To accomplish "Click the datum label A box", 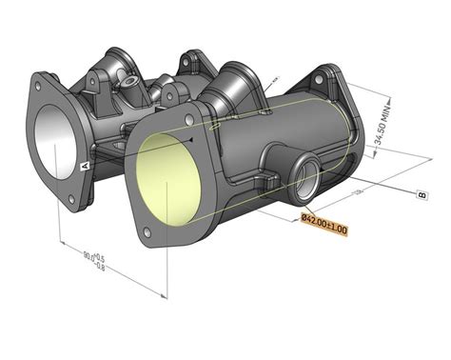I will coord(85,165).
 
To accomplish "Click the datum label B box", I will coord(422,195).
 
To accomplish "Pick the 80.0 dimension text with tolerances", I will coord(94,258).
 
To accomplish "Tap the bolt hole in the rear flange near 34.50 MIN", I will coord(332,74).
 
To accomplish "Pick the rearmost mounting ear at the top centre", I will coord(193,61).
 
